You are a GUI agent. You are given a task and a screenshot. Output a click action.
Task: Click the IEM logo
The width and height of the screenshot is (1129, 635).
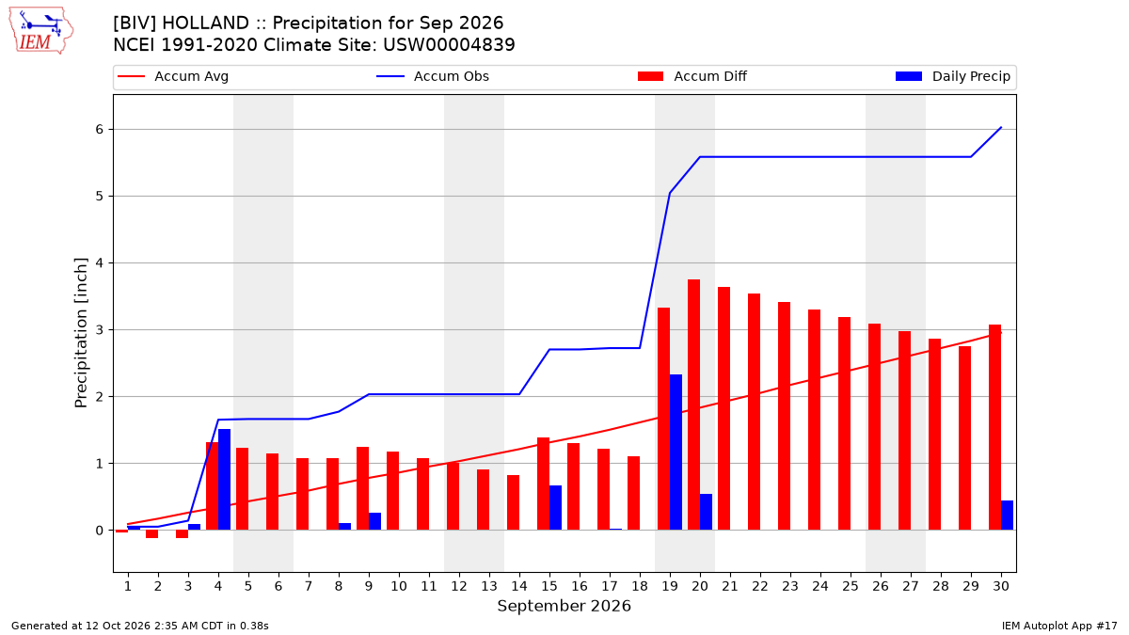click(40, 31)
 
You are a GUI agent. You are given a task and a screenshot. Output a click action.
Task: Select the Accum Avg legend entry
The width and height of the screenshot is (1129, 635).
click(173, 76)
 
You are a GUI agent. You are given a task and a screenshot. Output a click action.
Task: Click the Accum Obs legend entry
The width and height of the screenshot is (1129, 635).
click(433, 76)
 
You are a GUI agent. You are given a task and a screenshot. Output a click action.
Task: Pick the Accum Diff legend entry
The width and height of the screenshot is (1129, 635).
click(692, 76)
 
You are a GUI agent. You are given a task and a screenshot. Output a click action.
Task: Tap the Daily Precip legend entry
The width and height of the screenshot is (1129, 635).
click(952, 76)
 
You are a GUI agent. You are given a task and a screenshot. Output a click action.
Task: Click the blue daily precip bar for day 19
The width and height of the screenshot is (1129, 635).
click(676, 452)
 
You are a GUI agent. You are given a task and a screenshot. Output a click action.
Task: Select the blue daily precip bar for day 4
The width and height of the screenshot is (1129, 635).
click(224, 479)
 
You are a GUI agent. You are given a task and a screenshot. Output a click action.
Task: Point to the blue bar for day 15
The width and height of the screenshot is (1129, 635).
click(555, 507)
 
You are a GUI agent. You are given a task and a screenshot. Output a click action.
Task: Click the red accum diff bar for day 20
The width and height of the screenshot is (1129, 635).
click(693, 405)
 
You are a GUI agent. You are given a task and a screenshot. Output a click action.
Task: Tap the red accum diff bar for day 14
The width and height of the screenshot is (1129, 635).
click(513, 502)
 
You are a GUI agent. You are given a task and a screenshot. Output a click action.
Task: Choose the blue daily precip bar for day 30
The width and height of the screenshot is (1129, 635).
click(1007, 516)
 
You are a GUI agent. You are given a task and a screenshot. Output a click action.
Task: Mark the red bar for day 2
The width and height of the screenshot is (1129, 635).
click(151, 534)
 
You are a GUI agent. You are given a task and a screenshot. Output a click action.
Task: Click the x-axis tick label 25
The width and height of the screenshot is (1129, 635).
click(851, 586)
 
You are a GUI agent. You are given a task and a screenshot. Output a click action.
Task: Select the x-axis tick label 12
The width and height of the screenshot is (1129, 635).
click(459, 586)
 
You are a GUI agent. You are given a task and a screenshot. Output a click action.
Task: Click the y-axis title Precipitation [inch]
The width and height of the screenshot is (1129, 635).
click(81, 333)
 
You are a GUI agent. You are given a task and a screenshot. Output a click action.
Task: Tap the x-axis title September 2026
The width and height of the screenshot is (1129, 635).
click(564, 606)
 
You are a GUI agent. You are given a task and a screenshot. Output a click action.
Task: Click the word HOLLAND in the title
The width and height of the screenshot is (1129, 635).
click(206, 24)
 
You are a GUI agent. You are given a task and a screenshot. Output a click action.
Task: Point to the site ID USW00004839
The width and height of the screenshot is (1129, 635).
click(449, 45)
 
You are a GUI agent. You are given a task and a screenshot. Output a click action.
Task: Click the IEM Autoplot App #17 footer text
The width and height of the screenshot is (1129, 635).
click(1059, 626)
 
